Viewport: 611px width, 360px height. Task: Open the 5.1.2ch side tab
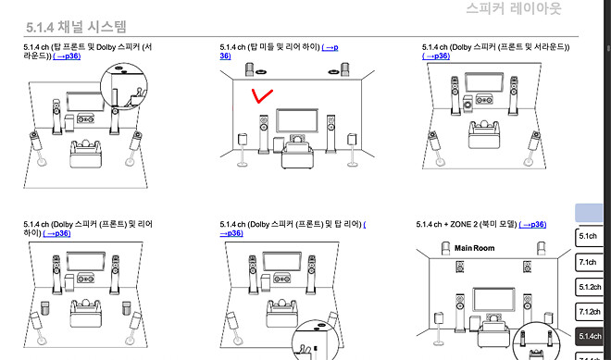589,287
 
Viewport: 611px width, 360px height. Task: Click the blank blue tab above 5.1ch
589,212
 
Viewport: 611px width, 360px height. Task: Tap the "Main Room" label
475,248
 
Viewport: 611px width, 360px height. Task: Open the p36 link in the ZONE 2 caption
532,225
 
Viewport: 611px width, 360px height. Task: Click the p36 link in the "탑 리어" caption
231,233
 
